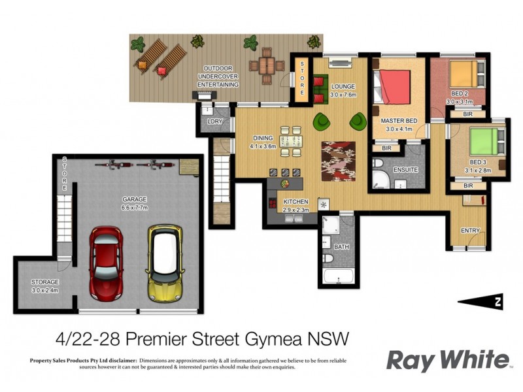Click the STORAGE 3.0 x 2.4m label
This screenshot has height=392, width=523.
point(45,286)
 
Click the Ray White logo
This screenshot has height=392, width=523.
point(447,360)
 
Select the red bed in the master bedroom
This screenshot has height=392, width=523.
point(392,87)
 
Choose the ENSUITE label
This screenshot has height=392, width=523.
point(405,170)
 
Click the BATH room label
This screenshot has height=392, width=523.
point(341,247)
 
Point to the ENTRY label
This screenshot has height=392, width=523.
point(470,231)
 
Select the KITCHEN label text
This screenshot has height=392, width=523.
point(295,202)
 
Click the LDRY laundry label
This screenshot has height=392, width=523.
point(214,122)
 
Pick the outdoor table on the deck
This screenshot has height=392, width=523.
point(265,64)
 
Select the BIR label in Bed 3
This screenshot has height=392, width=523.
point(468,186)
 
